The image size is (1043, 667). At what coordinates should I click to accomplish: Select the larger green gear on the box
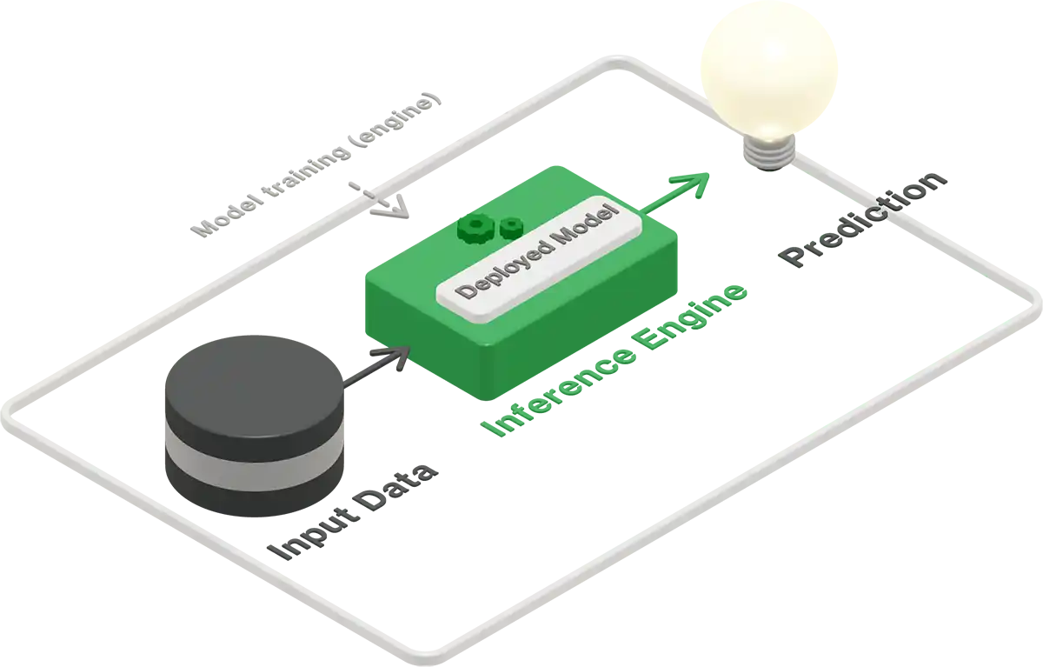click(x=475, y=228)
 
